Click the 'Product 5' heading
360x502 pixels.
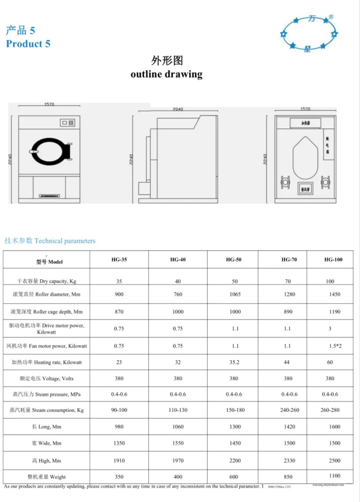click(28, 44)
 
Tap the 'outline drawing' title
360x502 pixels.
click(166, 74)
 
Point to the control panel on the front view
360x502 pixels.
click(67, 123)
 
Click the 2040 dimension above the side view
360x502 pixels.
click(178, 109)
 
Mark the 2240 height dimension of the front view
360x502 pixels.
click(10, 159)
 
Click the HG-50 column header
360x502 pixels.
click(233, 260)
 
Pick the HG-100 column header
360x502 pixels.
click(333, 260)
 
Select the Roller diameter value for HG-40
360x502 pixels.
click(178, 294)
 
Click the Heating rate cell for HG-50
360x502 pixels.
click(234, 362)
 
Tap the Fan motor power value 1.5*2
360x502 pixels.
click(335, 346)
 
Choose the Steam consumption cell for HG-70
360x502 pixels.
click(289, 410)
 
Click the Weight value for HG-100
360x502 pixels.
click(334, 476)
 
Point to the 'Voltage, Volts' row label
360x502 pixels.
click(46, 378)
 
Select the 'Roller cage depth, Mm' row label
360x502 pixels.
click(46, 312)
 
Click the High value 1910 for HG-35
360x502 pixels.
click(119, 461)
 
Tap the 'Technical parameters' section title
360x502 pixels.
click(50, 241)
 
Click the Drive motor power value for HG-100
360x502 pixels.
click(330, 329)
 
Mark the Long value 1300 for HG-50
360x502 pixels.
click(235, 427)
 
